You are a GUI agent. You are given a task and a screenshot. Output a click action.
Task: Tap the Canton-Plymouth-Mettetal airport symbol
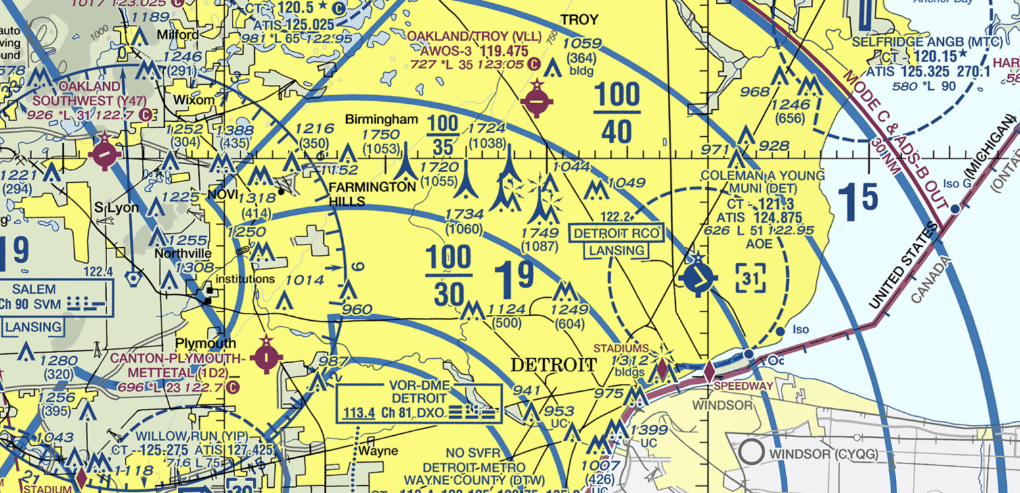tap(266, 358)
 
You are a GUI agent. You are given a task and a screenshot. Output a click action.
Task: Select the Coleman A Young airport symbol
tap(697, 278)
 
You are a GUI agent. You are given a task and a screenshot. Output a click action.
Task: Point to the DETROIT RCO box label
tap(616, 233)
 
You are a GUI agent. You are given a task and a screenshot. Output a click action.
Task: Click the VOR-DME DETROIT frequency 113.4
tap(359, 413)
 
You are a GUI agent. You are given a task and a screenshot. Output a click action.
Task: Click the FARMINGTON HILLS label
tap(372, 195)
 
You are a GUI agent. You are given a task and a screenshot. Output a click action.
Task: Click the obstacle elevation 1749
tap(539, 233)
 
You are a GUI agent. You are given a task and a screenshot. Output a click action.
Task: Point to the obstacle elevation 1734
tap(464, 214)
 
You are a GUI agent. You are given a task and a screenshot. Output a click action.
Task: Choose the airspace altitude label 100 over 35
tap(442, 134)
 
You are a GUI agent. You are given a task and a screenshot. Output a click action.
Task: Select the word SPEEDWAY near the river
tap(743, 386)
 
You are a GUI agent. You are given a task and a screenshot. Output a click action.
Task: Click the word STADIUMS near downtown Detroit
tap(621, 348)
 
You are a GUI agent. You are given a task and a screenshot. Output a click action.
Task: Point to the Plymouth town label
tap(206, 344)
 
